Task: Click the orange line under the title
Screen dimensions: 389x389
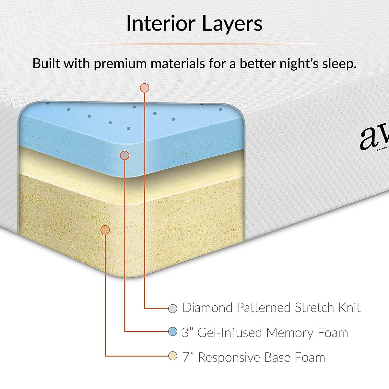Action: [194, 43]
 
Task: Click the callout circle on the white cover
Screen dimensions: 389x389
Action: [144, 88]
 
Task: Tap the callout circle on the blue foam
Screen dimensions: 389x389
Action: [124, 156]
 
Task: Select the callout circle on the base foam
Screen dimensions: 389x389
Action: [105, 230]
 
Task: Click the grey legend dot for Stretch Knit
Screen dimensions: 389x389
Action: [173, 308]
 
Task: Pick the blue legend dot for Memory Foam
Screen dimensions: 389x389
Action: [173, 332]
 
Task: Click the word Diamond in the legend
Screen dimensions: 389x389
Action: [207, 307]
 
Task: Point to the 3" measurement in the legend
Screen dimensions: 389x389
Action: [187, 332]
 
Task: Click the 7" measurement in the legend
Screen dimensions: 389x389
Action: [188, 357]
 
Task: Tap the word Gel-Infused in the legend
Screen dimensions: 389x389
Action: [230, 333]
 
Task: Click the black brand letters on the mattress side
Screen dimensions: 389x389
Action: [374, 138]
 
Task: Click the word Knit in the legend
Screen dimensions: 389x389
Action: [349, 307]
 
